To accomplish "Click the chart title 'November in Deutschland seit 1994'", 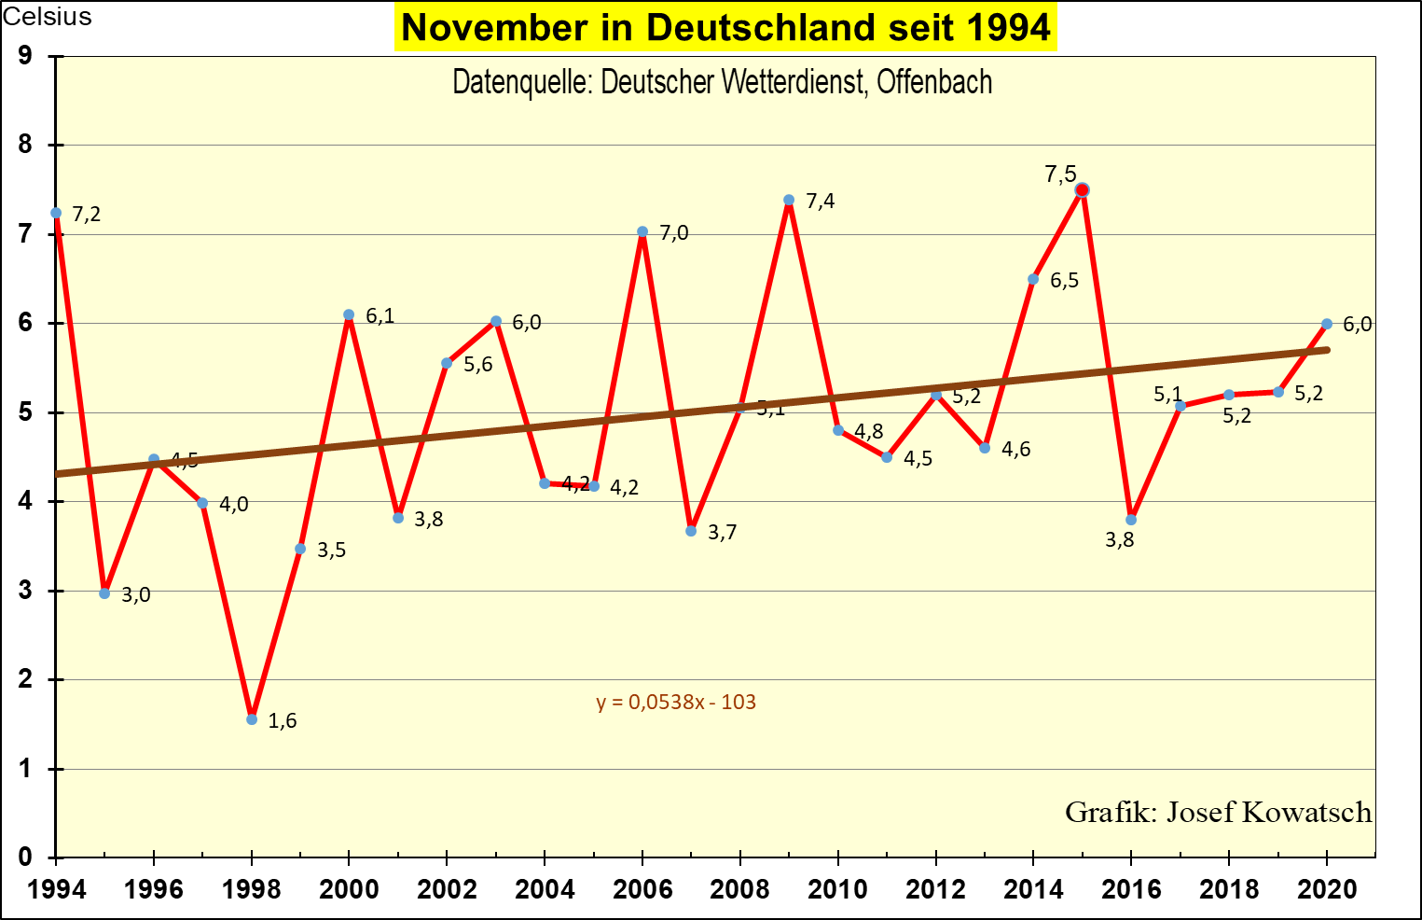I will click(725, 27).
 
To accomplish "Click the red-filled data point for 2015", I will click(1082, 190).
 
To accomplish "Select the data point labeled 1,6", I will click(252, 719).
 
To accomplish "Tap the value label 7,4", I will click(821, 202).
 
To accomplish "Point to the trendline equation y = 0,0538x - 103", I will click(676, 703).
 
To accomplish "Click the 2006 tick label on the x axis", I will click(642, 889).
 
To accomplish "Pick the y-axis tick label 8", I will click(25, 145).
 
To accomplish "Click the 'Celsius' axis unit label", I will click(48, 17).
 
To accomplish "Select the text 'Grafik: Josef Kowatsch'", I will click(1218, 812).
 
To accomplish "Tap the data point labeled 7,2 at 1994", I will click(56, 213).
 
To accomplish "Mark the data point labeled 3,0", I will click(104, 593).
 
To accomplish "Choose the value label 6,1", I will click(380, 316).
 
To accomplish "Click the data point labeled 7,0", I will click(642, 231).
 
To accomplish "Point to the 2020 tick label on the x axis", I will click(1327, 889).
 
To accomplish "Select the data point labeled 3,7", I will click(691, 531).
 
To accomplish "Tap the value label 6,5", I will click(1064, 281).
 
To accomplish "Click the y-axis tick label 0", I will click(25, 857).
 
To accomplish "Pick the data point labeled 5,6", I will click(447, 363).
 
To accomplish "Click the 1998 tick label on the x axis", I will click(252, 889).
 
